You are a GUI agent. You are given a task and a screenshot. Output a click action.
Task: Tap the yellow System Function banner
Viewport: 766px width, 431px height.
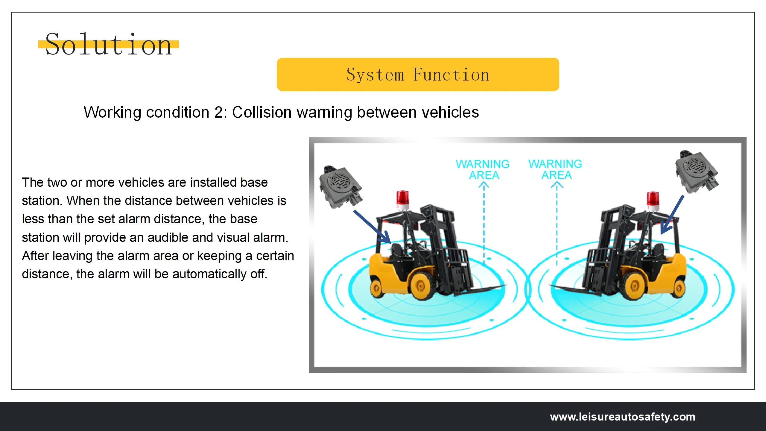(418, 75)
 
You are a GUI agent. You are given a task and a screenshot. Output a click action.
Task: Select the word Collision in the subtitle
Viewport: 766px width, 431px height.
(262, 113)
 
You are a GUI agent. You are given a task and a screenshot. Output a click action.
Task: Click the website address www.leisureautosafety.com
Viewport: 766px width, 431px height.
(622, 417)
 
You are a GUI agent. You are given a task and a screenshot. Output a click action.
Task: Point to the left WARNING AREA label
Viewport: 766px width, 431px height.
(483, 169)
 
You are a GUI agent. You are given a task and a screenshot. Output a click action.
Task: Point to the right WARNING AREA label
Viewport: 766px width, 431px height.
(555, 169)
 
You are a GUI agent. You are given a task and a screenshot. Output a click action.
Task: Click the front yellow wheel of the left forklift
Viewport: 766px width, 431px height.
(421, 286)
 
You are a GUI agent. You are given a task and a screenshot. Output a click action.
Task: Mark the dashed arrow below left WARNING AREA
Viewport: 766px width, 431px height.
(484, 221)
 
